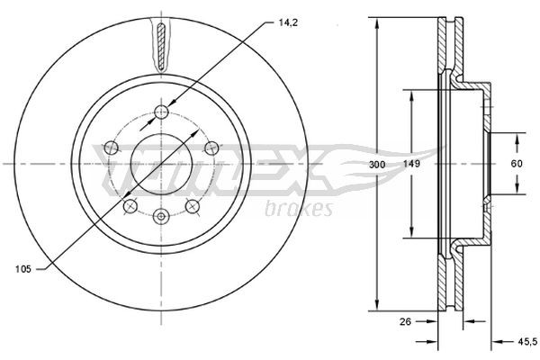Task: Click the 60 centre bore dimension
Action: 517,165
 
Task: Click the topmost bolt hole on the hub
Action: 161,111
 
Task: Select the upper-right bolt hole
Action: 211,148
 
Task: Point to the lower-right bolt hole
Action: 192,206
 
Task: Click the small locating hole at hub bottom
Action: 161,216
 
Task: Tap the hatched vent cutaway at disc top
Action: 161,47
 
